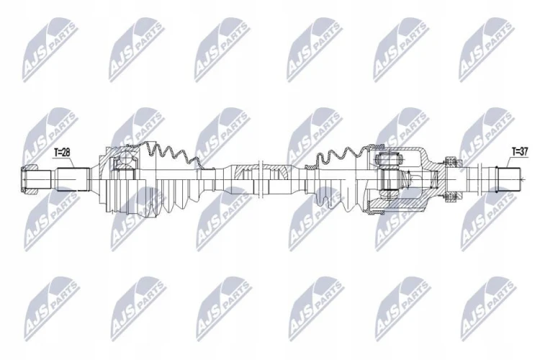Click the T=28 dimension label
(x=62, y=153)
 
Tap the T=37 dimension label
(x=520, y=151)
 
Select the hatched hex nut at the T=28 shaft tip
(x=29, y=179)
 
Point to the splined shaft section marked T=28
(x=73, y=179)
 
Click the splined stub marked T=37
(x=508, y=179)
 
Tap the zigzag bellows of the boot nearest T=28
(x=172, y=154)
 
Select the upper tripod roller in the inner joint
(x=388, y=159)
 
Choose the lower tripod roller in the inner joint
(x=388, y=194)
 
